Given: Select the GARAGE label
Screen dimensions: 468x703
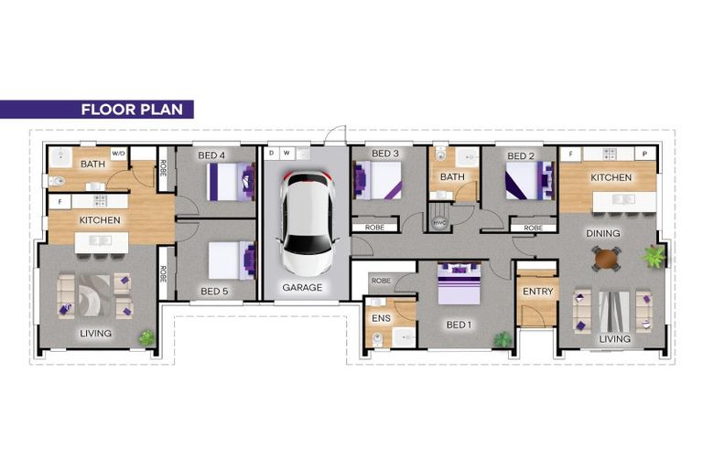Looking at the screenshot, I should [302, 287].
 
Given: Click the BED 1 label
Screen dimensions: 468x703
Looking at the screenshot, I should [458, 324].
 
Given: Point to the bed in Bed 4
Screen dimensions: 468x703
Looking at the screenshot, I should [230, 180].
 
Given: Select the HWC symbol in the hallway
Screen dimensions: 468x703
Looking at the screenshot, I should [438, 222].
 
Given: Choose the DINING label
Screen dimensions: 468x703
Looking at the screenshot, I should [603, 233].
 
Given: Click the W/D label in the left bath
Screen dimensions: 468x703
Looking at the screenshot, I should [118, 154].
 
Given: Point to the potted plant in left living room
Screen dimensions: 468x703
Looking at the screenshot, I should [146, 337].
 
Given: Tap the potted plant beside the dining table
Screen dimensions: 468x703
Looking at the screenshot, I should [654, 255].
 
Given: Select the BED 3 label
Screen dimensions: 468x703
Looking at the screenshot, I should [386, 154].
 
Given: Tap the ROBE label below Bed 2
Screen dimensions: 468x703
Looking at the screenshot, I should [532, 228].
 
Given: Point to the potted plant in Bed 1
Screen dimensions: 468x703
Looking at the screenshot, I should [502, 339].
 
